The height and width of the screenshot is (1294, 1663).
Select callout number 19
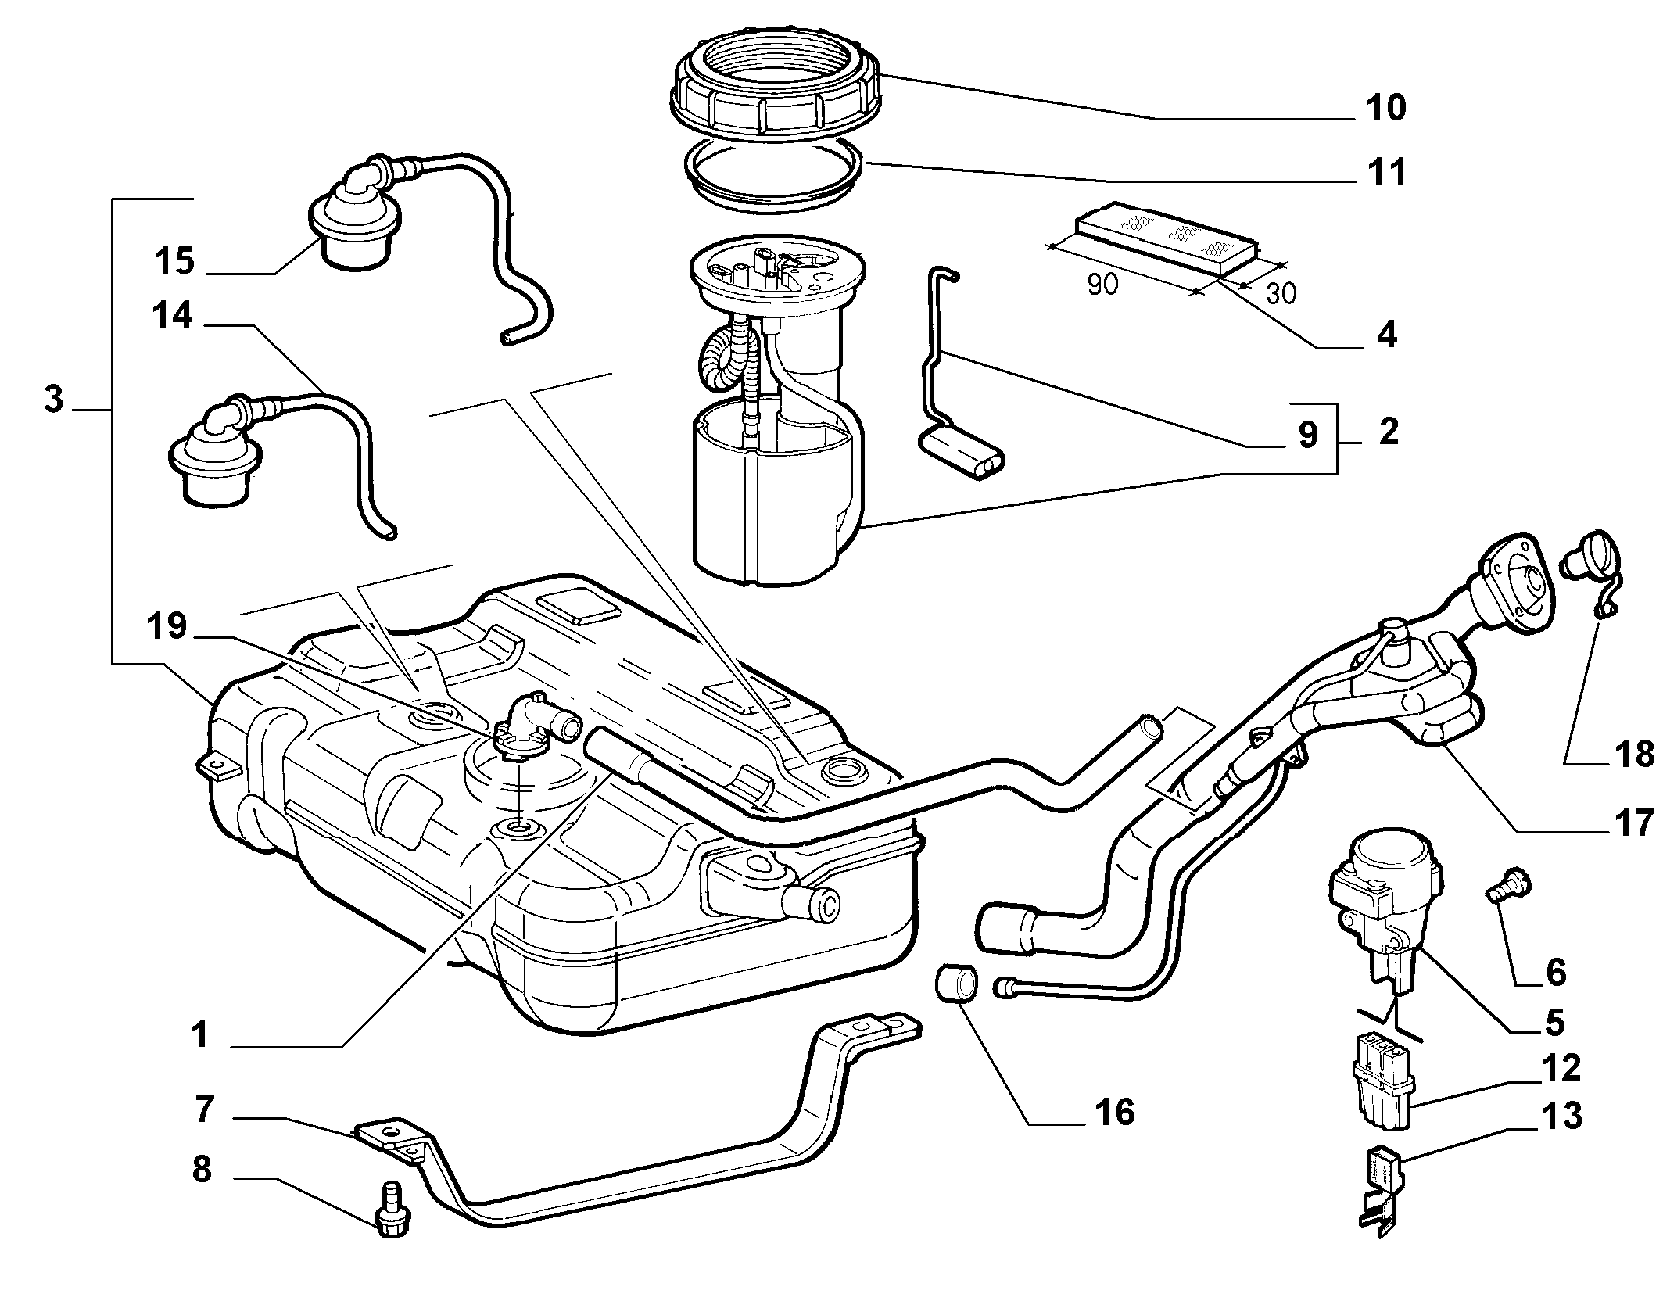pyautogui.click(x=167, y=626)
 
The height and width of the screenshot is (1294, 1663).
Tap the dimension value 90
pyautogui.click(x=1102, y=285)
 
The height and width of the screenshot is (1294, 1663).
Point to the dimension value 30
pyautogui.click(x=1281, y=293)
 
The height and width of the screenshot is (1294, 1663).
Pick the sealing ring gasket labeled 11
pyautogui.click(x=773, y=180)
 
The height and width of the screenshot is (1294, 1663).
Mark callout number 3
pyautogui.click(x=53, y=400)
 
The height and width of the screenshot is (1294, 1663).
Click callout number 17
pyautogui.click(x=1634, y=822)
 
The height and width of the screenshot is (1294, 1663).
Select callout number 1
pyautogui.click(x=201, y=1034)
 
